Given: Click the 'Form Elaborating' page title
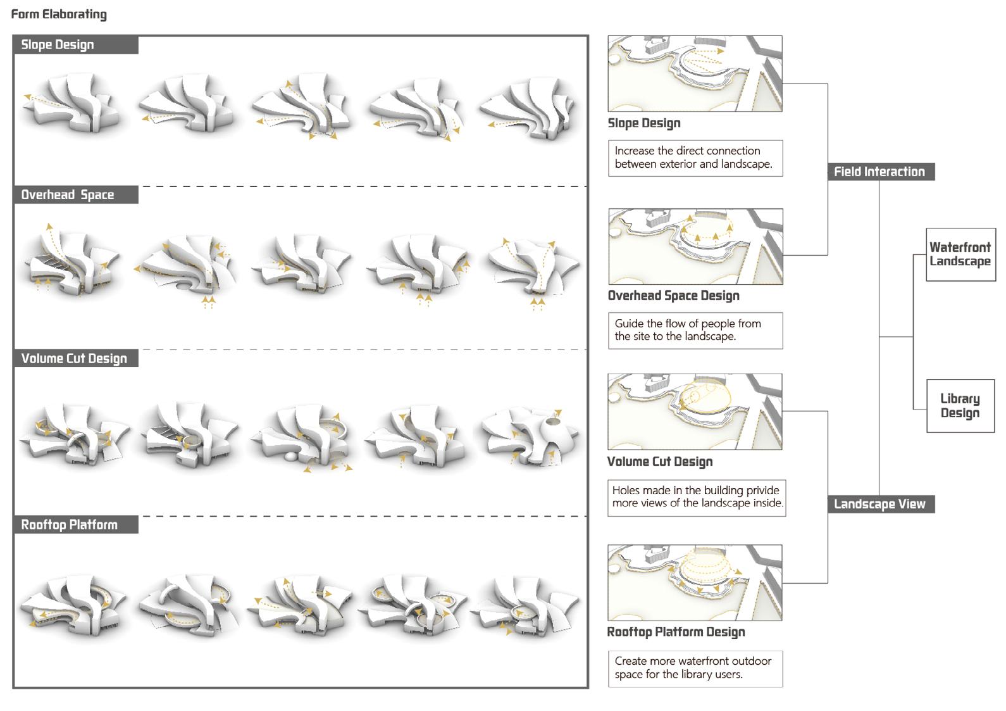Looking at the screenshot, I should click(59, 15).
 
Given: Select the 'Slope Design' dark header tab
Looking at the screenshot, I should click(75, 45).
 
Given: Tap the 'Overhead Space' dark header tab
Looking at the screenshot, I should click(75, 195).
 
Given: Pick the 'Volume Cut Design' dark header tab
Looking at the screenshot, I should click(75, 358).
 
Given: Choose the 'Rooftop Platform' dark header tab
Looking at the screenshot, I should click(75, 525).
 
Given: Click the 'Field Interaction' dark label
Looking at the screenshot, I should click(880, 172).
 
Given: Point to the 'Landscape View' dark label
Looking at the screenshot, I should click(880, 504).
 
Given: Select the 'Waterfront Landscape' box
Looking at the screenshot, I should click(960, 255).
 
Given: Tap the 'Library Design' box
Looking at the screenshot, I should click(960, 406).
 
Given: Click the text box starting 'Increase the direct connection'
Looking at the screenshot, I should click(695, 158).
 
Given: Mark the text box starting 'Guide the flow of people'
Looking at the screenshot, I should click(695, 330).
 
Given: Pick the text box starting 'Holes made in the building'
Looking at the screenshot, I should click(696, 497).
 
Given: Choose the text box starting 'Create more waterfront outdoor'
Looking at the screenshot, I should click(695, 668).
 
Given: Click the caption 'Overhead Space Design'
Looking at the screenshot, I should click(673, 296).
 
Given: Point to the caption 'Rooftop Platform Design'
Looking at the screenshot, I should click(676, 632).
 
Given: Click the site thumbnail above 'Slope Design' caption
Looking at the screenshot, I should click(695, 73).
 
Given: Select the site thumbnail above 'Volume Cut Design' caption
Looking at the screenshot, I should click(695, 412).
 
